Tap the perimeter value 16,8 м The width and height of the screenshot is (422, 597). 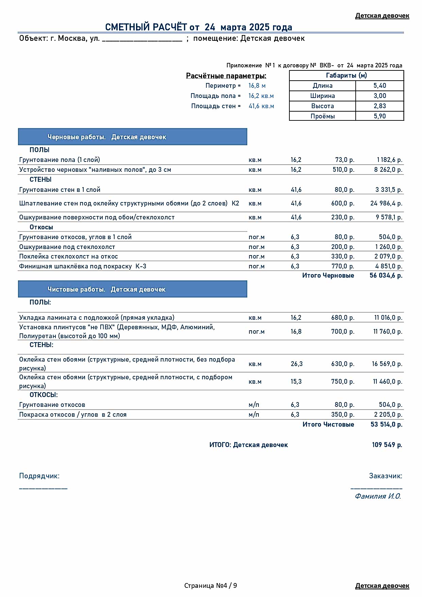coord(257,86)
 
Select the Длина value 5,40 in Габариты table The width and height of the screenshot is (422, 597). coord(379,86)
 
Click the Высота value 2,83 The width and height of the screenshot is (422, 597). coord(379,106)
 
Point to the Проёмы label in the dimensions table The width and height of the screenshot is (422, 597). coord(322,116)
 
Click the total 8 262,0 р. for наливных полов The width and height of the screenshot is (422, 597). coord(388,170)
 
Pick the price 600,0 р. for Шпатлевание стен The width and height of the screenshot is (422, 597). coord(342,203)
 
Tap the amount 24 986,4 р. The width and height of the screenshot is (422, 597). coord(386,203)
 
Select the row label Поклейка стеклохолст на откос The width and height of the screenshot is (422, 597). coord(68,256)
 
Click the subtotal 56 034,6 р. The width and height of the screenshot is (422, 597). coord(386,276)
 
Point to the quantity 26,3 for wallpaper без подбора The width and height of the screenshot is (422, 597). coord(296,364)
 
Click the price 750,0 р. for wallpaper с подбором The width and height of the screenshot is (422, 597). coord(342,382)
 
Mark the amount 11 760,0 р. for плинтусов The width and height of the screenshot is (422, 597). coord(387,332)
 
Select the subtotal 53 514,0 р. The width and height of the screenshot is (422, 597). coord(386,425)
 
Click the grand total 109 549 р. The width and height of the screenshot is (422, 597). coord(387,445)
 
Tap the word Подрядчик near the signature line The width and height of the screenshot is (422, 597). coord(39,476)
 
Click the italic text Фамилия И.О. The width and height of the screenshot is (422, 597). coord(377,496)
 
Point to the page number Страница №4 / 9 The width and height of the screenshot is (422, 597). coord(210,585)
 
